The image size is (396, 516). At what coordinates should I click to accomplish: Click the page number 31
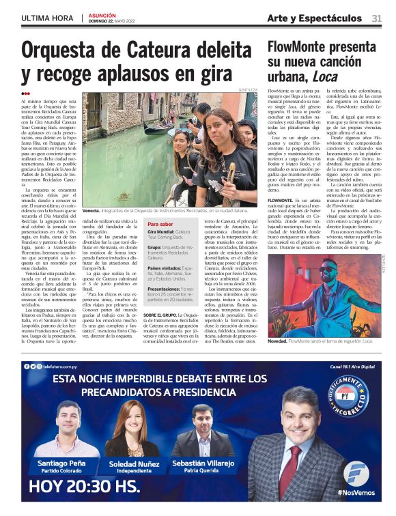[376, 18]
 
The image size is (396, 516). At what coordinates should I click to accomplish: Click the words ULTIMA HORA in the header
[47, 18]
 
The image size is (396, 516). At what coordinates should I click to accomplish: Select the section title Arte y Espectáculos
[314, 18]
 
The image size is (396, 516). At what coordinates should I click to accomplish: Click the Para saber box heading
[160, 224]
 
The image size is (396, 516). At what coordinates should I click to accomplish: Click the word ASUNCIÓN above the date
[102, 14]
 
